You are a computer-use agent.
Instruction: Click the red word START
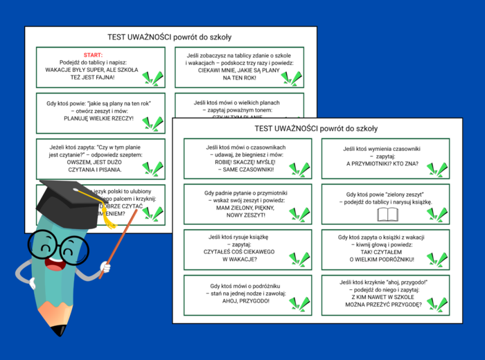(92, 55)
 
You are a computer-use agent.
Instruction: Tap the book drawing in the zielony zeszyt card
(388, 215)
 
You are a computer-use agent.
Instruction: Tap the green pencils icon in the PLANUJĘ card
(152, 123)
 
